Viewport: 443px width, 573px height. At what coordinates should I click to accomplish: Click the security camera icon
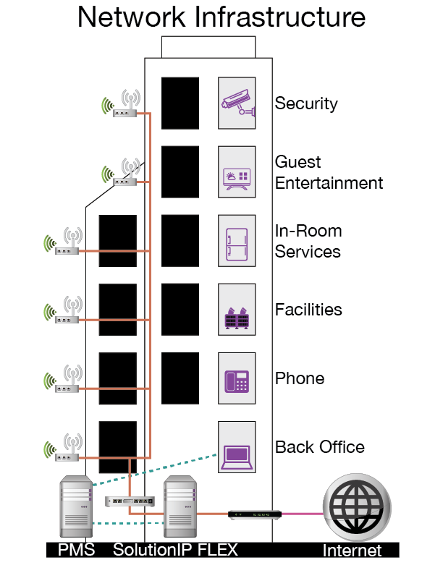tap(237, 103)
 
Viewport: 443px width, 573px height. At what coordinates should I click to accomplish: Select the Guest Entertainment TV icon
tap(237, 172)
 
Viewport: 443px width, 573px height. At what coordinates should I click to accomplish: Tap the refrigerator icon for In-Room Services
tap(237, 241)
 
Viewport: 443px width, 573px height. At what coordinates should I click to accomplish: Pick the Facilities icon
tap(237, 310)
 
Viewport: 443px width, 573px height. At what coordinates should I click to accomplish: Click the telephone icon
tap(237, 378)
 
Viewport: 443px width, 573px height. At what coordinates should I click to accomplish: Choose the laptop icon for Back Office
tap(237, 447)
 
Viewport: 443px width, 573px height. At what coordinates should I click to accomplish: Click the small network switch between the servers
tap(130, 501)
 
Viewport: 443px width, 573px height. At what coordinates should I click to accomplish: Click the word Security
tap(305, 103)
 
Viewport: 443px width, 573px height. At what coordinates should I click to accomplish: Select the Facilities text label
tap(308, 310)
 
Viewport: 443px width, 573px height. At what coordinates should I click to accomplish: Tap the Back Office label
tap(319, 447)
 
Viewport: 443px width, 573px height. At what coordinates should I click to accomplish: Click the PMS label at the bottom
tap(75, 551)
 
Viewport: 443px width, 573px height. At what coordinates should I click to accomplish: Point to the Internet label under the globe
tap(351, 551)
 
